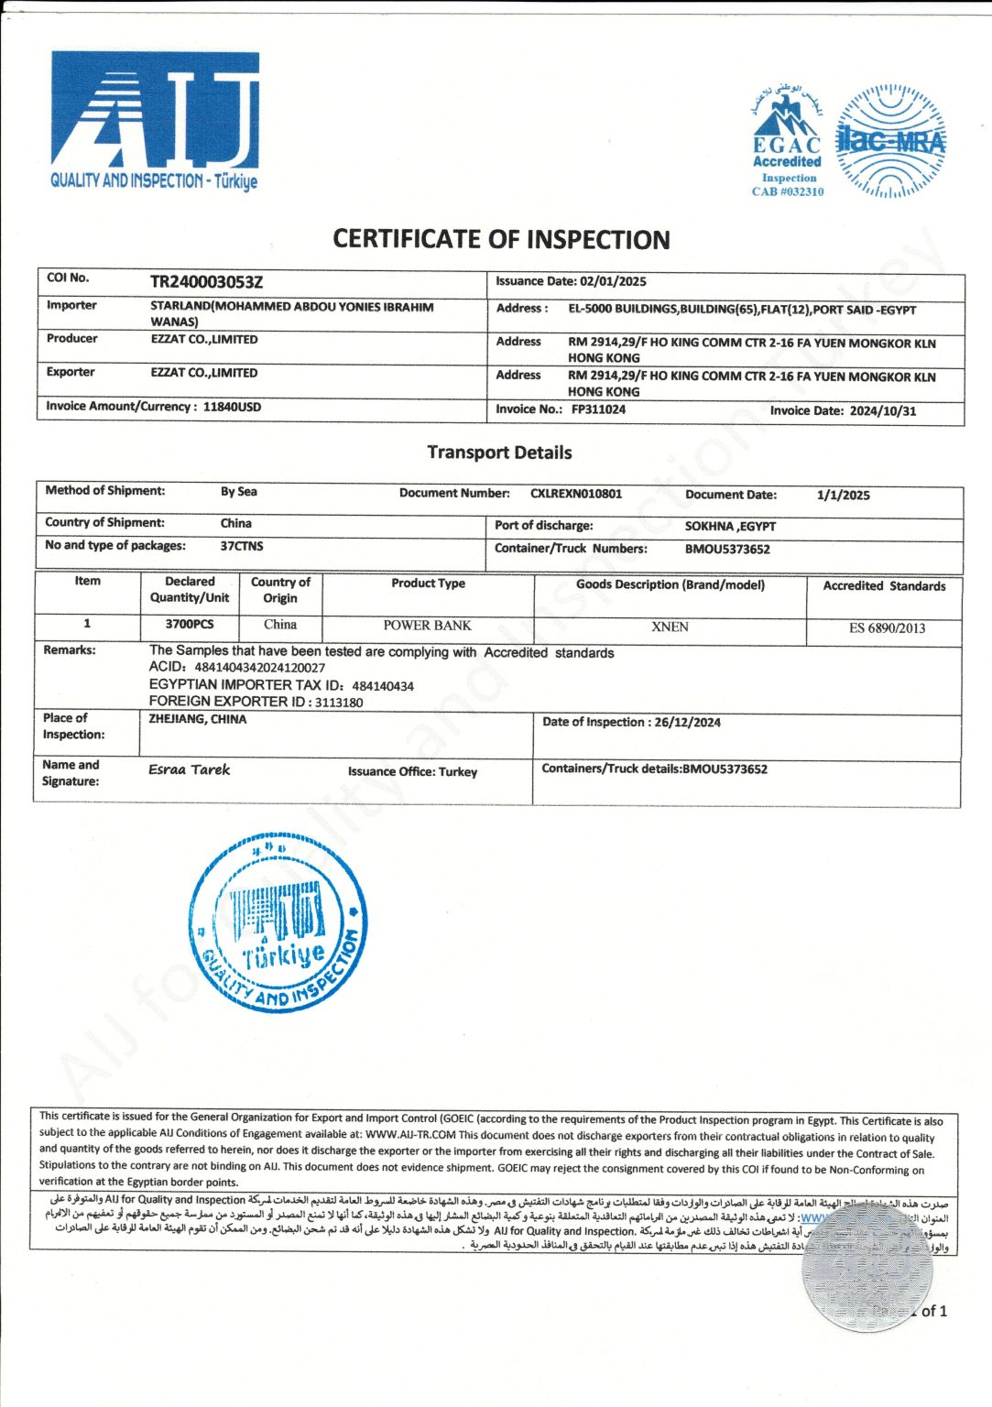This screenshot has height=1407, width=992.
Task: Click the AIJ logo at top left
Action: pyautogui.click(x=155, y=121)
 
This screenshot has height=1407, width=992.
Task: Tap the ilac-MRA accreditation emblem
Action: pyautogui.click(x=890, y=142)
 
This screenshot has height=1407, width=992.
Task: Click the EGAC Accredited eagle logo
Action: pyautogui.click(x=787, y=142)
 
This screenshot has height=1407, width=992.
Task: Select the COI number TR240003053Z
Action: pyautogui.click(x=206, y=282)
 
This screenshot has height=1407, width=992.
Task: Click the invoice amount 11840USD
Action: pyautogui.click(x=232, y=407)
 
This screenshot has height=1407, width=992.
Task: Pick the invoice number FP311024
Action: pyautogui.click(x=598, y=409)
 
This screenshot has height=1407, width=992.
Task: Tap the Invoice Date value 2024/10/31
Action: pyautogui.click(x=882, y=410)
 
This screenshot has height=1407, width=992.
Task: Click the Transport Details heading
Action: pyautogui.click(x=499, y=453)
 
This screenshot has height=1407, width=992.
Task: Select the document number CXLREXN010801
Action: pyautogui.click(x=576, y=494)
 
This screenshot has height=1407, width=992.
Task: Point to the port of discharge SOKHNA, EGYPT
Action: pyautogui.click(x=730, y=526)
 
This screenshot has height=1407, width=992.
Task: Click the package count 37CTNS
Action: pyautogui.click(x=242, y=546)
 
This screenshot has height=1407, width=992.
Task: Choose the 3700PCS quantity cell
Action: pyautogui.click(x=189, y=624)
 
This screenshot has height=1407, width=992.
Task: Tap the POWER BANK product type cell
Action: pyautogui.click(x=427, y=626)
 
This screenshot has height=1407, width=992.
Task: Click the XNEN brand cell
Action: pyautogui.click(x=670, y=627)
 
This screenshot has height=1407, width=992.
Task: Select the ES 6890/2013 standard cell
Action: pyautogui.click(x=887, y=628)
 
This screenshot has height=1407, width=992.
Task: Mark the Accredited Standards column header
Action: pyautogui.click(x=884, y=586)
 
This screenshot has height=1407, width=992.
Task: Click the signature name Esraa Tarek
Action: pyautogui.click(x=190, y=770)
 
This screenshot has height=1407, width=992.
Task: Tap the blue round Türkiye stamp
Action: pyautogui.click(x=278, y=923)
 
